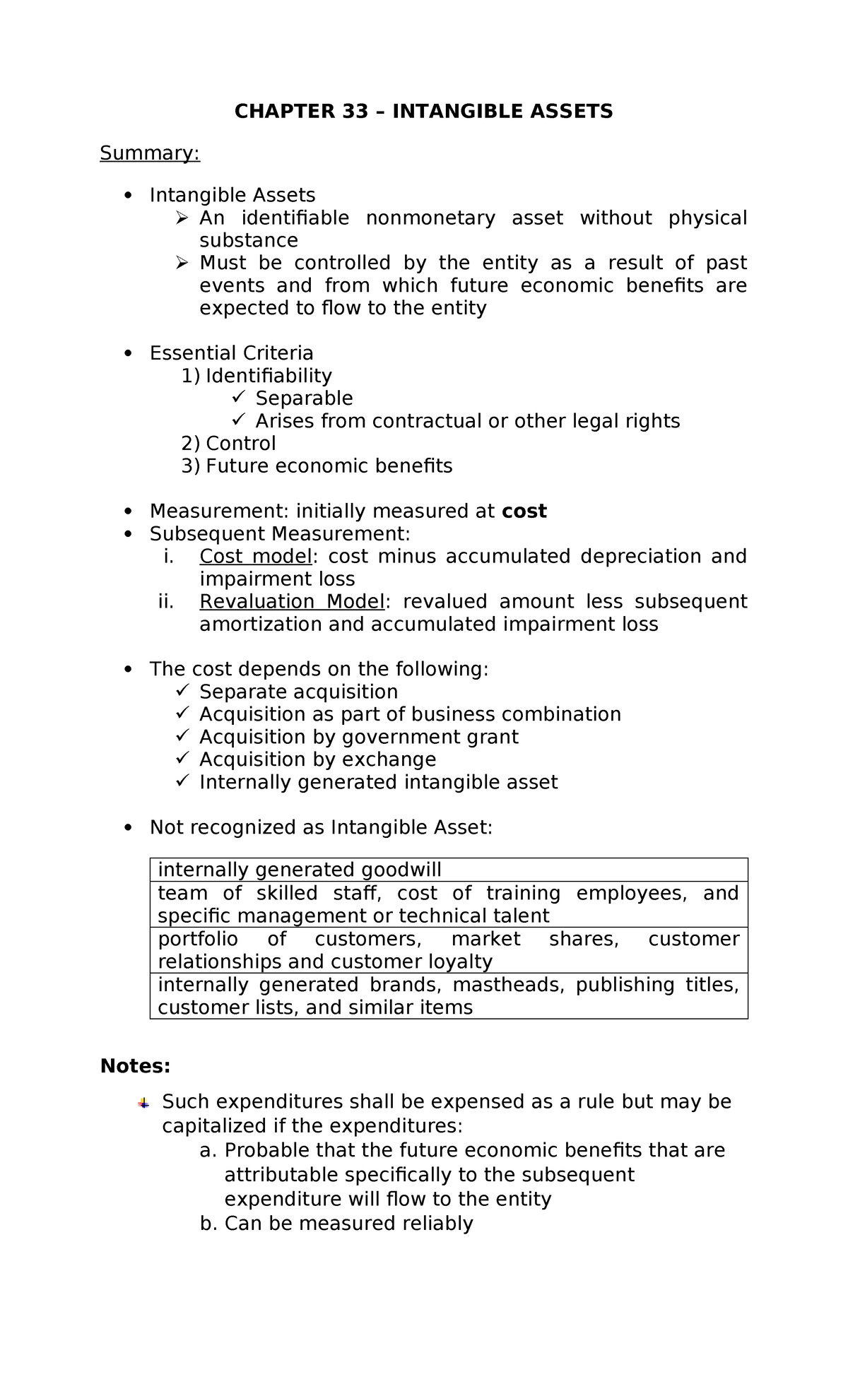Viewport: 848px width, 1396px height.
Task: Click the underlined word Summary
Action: click(150, 153)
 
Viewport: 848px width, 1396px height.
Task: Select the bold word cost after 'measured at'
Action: click(524, 511)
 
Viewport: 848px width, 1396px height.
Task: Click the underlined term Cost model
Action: click(255, 557)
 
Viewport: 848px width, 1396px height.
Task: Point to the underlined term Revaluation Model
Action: click(292, 602)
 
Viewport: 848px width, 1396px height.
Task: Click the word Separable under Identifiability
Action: click(304, 398)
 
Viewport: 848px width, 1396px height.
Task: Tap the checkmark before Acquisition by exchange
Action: click(182, 759)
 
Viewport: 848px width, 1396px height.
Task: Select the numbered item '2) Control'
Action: click(228, 444)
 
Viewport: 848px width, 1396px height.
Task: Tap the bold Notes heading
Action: click(135, 1066)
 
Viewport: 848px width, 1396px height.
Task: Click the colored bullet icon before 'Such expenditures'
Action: click(143, 1103)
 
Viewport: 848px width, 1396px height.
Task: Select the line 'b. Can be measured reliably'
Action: click(336, 1224)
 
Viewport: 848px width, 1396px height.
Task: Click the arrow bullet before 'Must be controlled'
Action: click(182, 263)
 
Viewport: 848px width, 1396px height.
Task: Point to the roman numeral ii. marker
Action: click(166, 602)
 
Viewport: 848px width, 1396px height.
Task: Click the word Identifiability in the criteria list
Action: click(268, 376)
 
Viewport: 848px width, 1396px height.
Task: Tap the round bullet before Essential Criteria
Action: click(128, 353)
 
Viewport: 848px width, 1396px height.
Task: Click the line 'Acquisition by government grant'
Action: click(358, 737)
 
